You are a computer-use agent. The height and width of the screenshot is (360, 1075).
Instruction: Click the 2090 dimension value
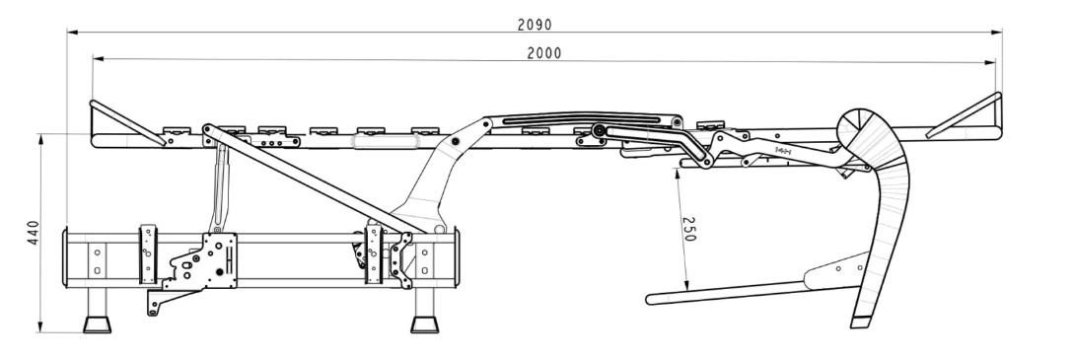click(535, 25)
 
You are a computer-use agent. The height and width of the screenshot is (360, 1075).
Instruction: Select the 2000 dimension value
click(544, 53)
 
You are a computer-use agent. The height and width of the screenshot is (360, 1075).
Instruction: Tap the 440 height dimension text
click(34, 233)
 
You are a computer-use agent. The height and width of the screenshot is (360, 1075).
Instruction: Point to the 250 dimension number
click(689, 229)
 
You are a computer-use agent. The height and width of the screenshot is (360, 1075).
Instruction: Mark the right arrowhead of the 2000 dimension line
click(990, 63)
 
